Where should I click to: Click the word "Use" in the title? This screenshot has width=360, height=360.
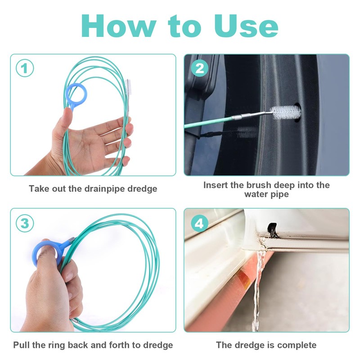tap(246, 26)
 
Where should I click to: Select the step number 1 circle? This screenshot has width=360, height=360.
tap(25, 68)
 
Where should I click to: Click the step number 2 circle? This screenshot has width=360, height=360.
tap(199, 68)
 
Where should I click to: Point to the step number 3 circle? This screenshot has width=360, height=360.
tap(25, 223)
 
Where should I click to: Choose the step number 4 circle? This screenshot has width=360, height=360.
tap(199, 223)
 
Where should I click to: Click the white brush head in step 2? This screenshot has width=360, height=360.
tap(285, 112)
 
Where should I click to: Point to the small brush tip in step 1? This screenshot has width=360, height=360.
tap(128, 87)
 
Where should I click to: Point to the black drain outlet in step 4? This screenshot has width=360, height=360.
tap(272, 229)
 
